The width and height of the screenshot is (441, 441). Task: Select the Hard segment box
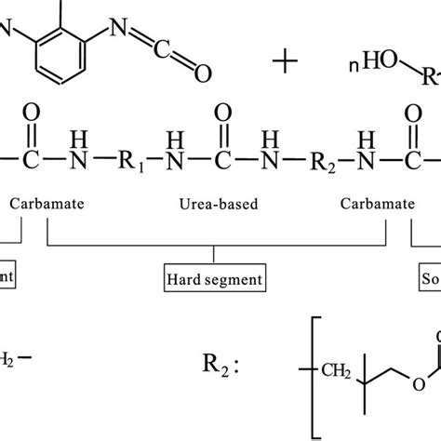[213, 276]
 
